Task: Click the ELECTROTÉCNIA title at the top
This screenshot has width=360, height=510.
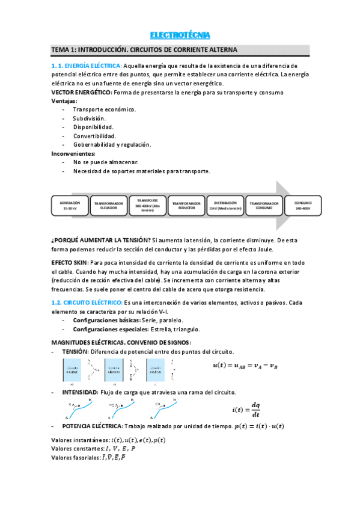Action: (x=180, y=34)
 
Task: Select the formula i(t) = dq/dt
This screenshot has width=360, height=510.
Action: (x=246, y=410)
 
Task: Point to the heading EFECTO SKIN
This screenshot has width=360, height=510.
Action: (x=70, y=263)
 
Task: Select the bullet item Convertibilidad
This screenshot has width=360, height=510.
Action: (x=94, y=136)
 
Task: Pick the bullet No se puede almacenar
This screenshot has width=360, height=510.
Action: (x=106, y=162)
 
